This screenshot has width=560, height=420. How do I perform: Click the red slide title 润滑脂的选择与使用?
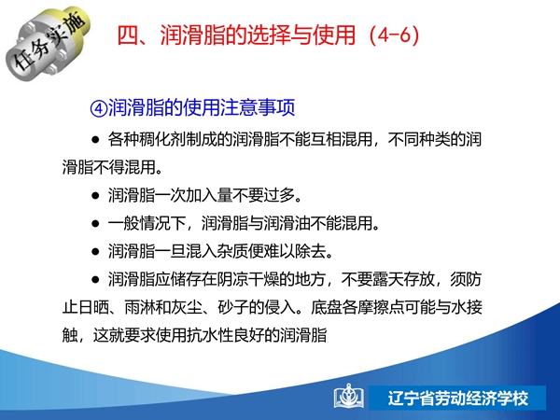coord(258,35)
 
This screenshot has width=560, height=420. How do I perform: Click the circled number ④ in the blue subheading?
coord(99,108)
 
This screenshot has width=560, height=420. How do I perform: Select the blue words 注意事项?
coord(258,107)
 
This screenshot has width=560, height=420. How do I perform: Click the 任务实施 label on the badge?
coord(50,40)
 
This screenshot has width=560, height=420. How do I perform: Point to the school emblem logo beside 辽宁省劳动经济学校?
coord(349,398)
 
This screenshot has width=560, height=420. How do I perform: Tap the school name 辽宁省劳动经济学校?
coord(458,399)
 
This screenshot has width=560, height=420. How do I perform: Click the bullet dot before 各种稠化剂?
coord(95,140)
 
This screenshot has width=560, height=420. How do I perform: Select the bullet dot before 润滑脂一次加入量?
coord(95,196)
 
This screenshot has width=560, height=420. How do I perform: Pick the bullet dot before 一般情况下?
coord(95,224)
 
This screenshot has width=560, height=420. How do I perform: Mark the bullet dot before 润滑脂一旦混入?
coord(95,252)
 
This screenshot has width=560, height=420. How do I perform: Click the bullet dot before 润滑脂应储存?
coord(95,280)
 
